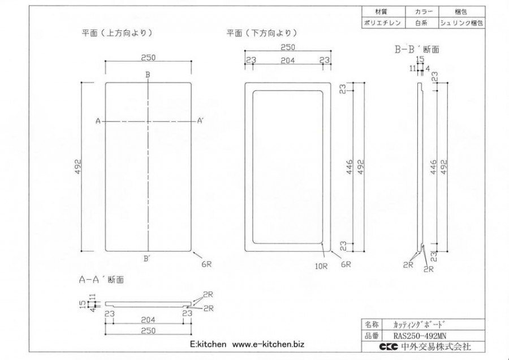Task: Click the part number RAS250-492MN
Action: tap(420, 336)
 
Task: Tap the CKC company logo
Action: tap(388, 346)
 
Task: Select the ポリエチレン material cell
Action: tap(383, 23)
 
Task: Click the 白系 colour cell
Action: tap(421, 23)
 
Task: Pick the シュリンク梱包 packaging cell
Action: tap(461, 23)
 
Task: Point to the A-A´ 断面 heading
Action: tap(101, 280)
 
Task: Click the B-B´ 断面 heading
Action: tap(417, 49)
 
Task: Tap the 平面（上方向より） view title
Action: tap(117, 33)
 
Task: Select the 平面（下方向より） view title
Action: tap(262, 33)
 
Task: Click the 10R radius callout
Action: tap(321, 267)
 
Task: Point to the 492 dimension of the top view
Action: tap(78, 166)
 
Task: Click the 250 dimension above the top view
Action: tap(148, 57)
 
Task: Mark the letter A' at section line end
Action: tap(200, 121)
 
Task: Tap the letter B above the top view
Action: tap(148, 75)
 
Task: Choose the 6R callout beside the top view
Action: tap(206, 264)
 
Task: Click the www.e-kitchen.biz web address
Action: tap(268, 344)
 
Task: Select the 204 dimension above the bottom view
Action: tap(288, 60)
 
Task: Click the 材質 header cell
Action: tap(383, 12)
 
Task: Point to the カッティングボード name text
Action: tap(419, 324)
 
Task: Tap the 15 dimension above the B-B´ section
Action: tap(420, 59)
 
